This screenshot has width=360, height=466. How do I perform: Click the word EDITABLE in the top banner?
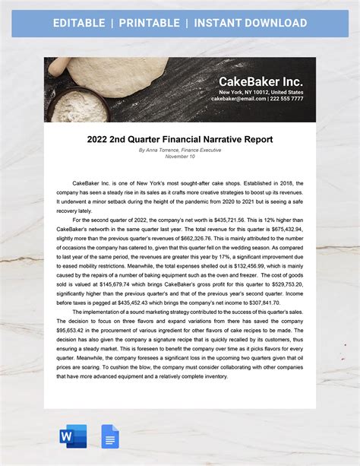(x=79, y=23)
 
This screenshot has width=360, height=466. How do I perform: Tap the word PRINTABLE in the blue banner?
(x=149, y=23)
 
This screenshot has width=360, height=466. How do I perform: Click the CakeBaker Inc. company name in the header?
(x=261, y=81)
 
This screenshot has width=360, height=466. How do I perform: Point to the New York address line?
(x=261, y=91)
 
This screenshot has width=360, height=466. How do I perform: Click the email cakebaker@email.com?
(x=238, y=99)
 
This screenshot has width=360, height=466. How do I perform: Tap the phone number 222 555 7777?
(x=286, y=99)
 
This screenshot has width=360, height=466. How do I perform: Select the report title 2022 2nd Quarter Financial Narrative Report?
(x=179, y=139)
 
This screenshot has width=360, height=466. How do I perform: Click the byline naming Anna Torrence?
(x=179, y=151)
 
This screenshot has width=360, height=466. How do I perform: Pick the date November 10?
(x=179, y=157)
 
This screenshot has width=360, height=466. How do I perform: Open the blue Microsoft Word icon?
(x=73, y=436)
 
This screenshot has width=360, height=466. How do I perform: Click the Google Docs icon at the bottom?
(x=109, y=436)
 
